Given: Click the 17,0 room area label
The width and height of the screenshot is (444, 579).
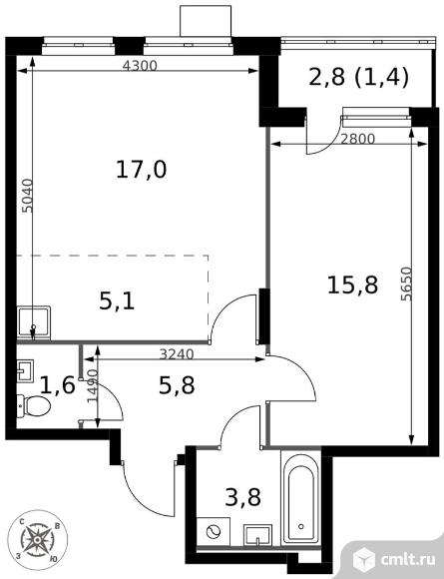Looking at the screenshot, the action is tap(142, 170).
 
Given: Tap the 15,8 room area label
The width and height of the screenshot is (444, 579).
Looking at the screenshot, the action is tap(352, 286).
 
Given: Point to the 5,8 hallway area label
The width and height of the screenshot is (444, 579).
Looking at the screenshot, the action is tap(177, 385).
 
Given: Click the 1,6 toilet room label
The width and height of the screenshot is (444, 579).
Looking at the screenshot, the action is tap(58, 384).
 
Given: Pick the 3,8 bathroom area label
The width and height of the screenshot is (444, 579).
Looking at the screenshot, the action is tap(242, 497).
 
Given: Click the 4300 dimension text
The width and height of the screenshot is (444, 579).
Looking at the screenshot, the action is tap(140, 66).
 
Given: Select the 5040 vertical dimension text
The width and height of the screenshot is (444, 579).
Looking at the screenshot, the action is tap(27, 196).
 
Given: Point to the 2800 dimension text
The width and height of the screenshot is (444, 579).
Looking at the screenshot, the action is tap(357, 139).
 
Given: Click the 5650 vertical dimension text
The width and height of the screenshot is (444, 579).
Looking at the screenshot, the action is tap(406, 284).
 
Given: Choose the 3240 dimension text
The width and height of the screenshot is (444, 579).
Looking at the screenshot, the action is tap(177, 354).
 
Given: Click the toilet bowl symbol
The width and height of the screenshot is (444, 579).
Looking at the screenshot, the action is tap(34, 406).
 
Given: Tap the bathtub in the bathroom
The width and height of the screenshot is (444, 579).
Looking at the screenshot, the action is tap(300, 498).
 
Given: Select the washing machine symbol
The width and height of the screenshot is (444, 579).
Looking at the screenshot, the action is tap(214, 531).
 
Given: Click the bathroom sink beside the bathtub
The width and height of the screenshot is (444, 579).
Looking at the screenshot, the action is tap(257, 534).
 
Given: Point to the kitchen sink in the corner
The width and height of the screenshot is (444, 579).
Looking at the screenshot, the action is tap(34, 322).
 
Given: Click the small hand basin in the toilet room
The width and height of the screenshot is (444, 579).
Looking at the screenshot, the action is tap(25, 370).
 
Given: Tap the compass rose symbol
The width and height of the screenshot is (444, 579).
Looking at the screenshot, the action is tap(37, 540).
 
